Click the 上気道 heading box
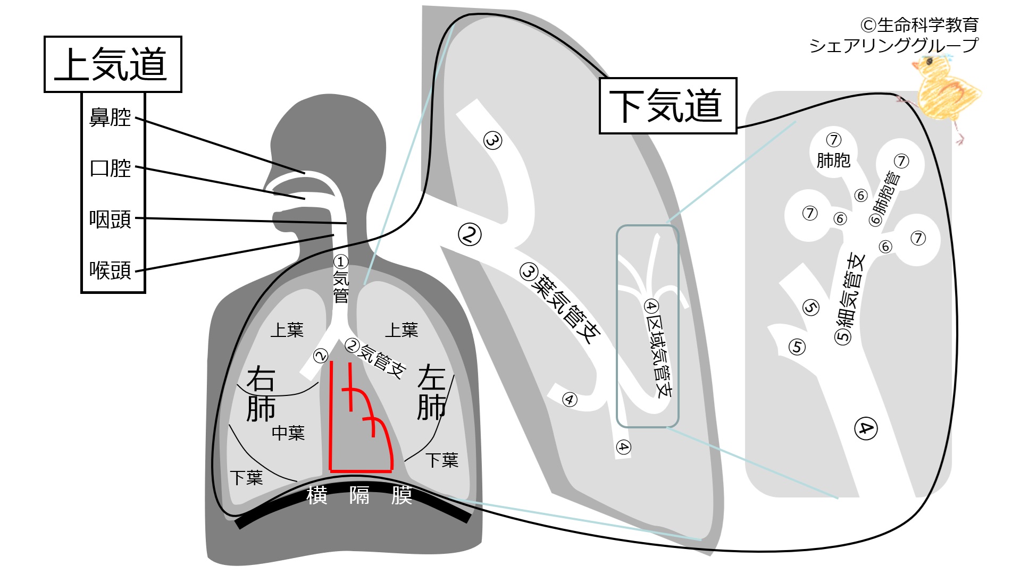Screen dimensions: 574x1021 pos(113,64)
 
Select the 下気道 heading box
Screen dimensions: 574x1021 pos(667,106)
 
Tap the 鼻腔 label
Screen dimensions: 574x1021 pos(110,117)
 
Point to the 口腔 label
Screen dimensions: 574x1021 pos(110,168)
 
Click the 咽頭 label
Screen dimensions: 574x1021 pos(110,219)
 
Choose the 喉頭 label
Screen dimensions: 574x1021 pos(110,270)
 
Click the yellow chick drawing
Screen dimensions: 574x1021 pos(947,93)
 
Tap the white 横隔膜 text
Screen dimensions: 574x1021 pos(359,495)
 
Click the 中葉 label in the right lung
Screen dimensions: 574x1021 pos(288,433)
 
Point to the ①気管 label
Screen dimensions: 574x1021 pos(340,279)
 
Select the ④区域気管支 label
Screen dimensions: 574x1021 pos(658,348)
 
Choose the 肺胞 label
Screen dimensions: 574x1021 pos(833,160)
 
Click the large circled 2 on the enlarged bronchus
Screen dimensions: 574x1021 pos(470,234)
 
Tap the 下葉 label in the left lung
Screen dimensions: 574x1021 pos(441,460)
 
